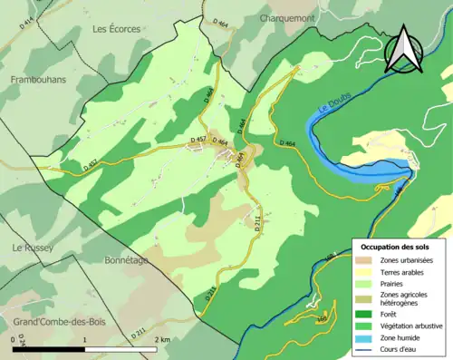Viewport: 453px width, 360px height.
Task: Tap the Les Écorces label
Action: pyautogui.click(x=116, y=29)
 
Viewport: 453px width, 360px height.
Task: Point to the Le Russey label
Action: pyautogui.click(x=32, y=248)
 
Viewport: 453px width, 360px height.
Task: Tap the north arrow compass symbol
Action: pyautogui.click(x=403, y=50)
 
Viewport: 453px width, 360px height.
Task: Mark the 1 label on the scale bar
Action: pyautogui.click(x=85, y=339)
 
